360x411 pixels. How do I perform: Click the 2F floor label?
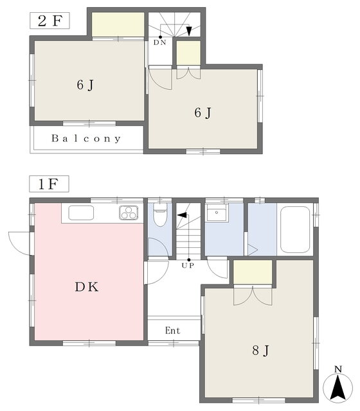[x=50, y=21]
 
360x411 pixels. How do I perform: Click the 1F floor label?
[x=49, y=184]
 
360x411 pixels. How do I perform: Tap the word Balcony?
[x=86, y=138]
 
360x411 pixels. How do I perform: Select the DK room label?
[x=87, y=287]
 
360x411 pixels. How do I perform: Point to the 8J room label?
[x=260, y=351]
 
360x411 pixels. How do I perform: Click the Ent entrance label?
[x=173, y=331]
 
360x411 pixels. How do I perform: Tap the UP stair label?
[x=188, y=265]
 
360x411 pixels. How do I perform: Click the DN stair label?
[x=160, y=42]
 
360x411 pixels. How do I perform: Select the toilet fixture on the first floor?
[x=160, y=215]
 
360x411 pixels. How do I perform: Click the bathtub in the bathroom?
[x=295, y=230]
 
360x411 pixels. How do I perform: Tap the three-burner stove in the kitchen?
[x=129, y=213]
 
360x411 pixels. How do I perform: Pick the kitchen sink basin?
[x=81, y=213]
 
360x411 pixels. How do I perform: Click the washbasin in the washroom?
[x=217, y=213]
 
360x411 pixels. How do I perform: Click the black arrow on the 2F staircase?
[x=188, y=31]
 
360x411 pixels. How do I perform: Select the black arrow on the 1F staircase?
[x=182, y=215]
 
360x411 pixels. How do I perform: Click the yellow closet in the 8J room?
[x=253, y=272]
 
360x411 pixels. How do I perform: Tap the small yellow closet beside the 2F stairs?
[x=188, y=53]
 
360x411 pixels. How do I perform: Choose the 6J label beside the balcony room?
[x=85, y=85]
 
